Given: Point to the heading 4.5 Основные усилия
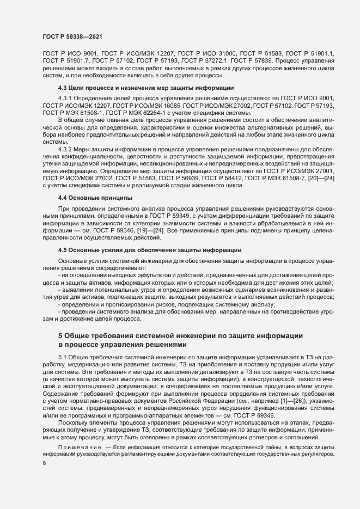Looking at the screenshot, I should point(150,250).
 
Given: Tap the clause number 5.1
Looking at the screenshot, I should point(62,355).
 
